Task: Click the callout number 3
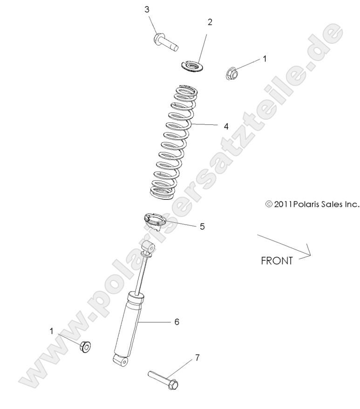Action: pyautogui.click(x=147, y=9)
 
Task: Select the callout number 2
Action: pyautogui.click(x=210, y=22)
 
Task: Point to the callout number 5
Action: pyautogui.click(x=202, y=227)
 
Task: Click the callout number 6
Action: pyautogui.click(x=177, y=321)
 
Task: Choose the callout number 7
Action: pyautogui.click(x=197, y=358)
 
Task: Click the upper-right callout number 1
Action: pyautogui.click(x=265, y=59)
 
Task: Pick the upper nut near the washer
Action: pyautogui.click(x=232, y=73)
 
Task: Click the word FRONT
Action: pyautogui.click(x=277, y=260)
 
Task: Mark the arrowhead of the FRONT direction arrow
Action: pyautogui.click(x=308, y=254)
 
